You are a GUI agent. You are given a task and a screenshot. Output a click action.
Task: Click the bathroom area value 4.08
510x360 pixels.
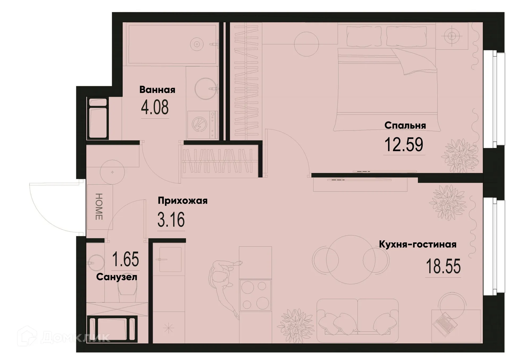(155, 107)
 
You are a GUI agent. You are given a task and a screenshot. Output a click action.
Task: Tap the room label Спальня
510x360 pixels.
(405, 125)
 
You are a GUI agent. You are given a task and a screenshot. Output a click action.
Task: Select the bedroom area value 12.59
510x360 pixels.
(404, 145)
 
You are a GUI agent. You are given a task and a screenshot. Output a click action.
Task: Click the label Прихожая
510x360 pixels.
(182, 200)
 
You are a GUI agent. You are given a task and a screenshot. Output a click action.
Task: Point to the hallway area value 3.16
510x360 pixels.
(171, 220)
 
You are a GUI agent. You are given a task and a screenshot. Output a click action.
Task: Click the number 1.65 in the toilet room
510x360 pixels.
(125, 259)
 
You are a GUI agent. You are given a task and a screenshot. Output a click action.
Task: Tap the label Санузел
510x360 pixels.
(117, 277)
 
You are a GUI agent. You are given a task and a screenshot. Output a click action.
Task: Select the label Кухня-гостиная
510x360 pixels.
(417, 244)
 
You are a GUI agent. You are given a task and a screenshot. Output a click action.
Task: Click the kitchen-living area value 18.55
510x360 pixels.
(443, 267)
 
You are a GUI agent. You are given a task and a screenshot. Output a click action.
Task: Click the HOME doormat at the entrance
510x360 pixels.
(99, 207)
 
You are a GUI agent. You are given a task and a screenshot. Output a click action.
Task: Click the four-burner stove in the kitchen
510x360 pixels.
(255, 295)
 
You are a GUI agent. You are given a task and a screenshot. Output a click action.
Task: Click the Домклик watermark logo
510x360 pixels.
(64, 337)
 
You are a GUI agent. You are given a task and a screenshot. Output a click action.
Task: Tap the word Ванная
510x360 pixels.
(157, 90)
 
